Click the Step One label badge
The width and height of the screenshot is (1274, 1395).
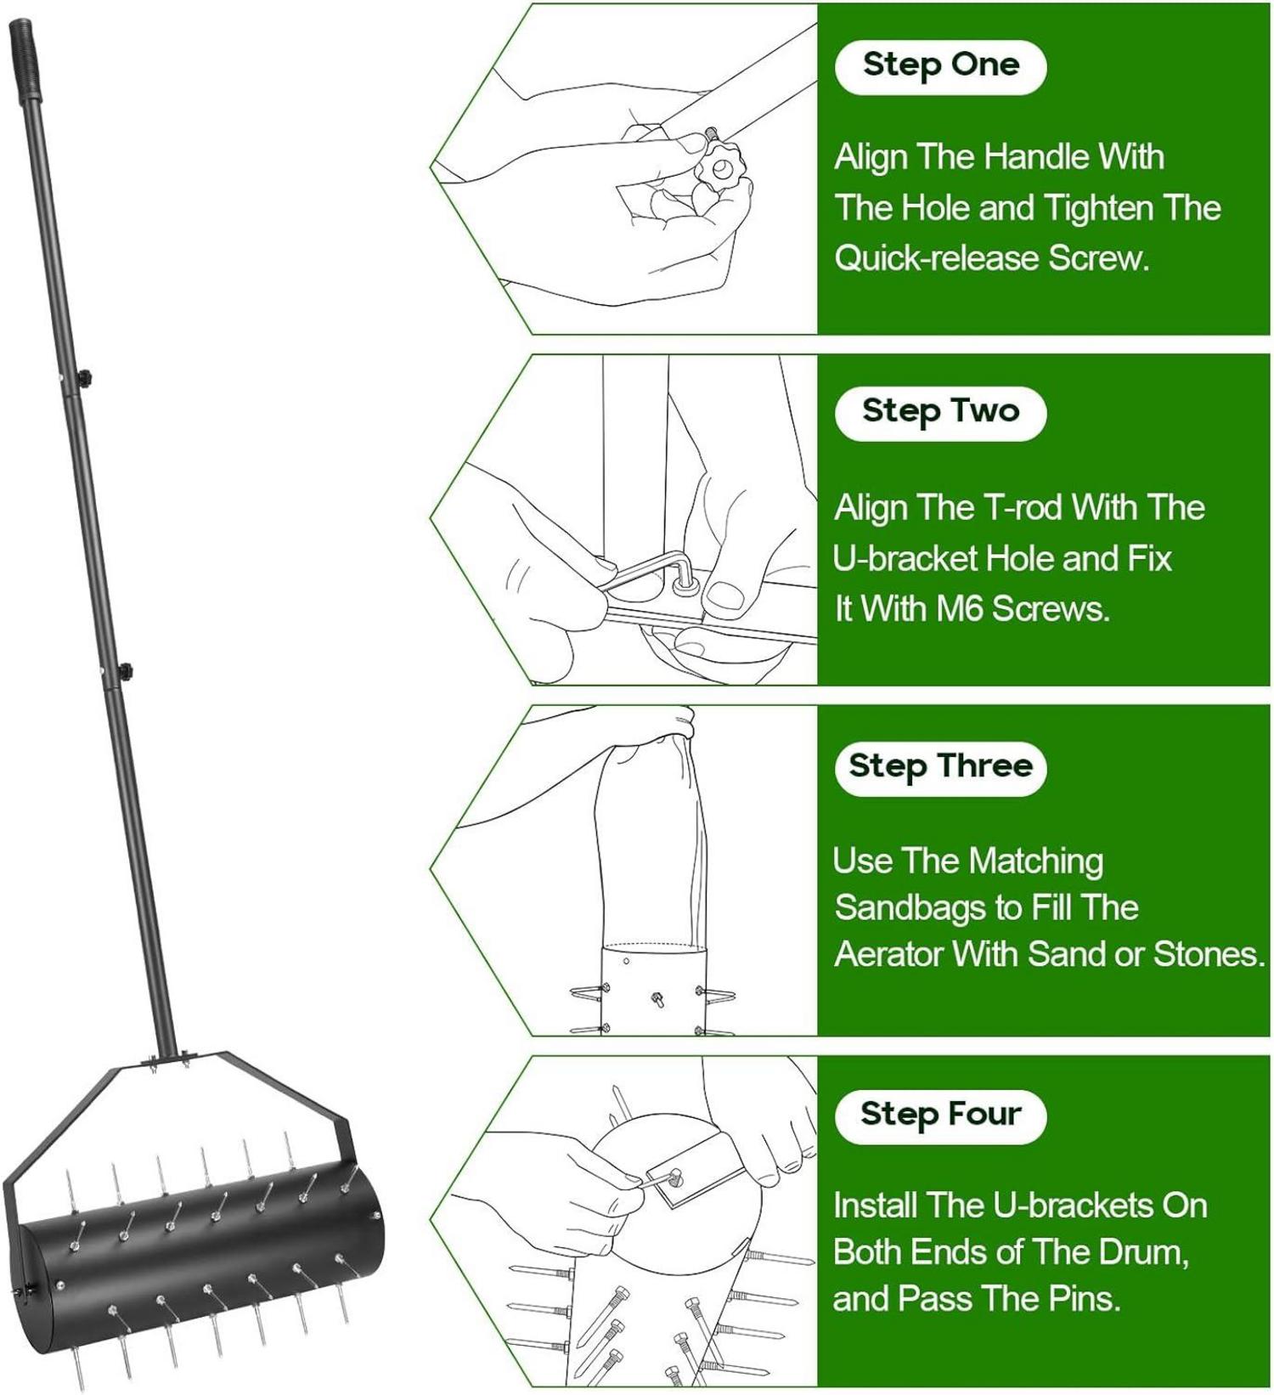pos(940,66)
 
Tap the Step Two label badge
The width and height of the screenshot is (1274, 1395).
pos(940,412)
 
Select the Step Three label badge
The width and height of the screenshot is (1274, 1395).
pos(940,767)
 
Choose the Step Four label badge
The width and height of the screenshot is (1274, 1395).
pos(940,1115)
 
